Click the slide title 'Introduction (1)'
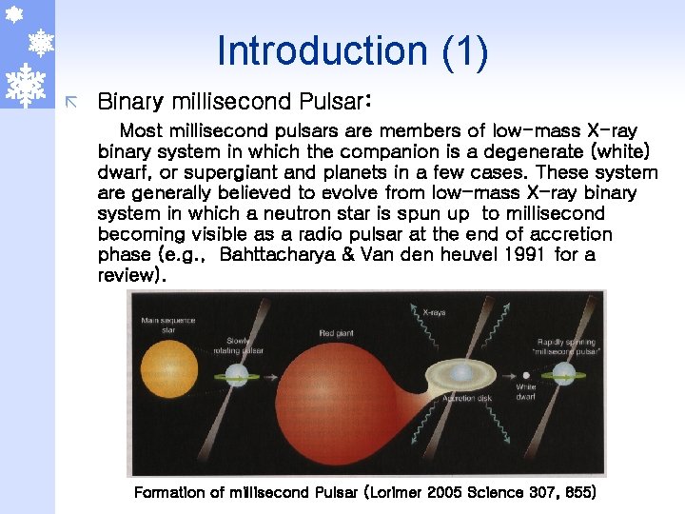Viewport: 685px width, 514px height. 352,51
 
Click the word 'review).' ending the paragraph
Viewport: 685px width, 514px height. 132,275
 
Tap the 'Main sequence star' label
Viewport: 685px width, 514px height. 161,326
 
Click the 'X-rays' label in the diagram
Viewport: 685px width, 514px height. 434,311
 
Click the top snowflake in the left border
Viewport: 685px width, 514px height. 13,14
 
